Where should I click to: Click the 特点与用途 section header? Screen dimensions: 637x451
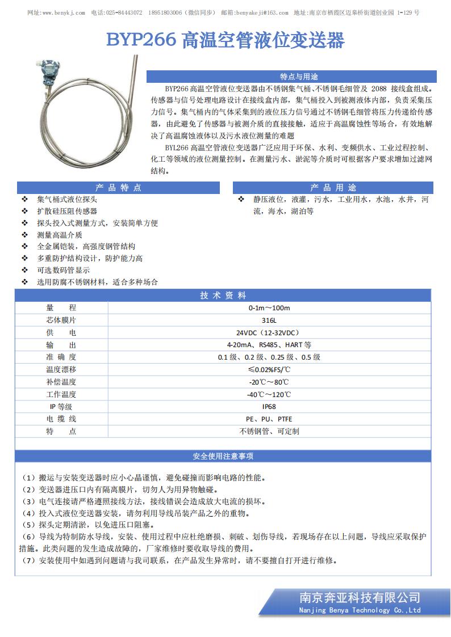pyautogui.click(x=291, y=77)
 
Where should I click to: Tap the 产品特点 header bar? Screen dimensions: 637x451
pyautogui.click(x=118, y=188)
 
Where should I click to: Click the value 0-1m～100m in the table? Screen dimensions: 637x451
pyautogui.click(x=269, y=308)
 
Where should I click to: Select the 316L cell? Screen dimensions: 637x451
pyautogui.click(x=269, y=320)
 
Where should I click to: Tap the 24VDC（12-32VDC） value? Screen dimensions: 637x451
pyautogui.click(x=269, y=332)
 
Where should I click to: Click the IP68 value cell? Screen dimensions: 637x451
pyautogui.click(x=269, y=407)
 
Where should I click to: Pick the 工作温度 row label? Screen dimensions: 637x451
pyautogui.click(x=61, y=394)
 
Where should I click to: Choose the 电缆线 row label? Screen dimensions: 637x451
pyautogui.click(x=61, y=419)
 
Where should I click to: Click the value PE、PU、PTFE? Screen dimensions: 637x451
pyautogui.click(x=269, y=419)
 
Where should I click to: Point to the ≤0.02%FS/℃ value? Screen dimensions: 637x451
pyautogui.click(x=269, y=370)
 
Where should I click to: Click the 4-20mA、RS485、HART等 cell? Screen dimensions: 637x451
pyautogui.click(x=269, y=345)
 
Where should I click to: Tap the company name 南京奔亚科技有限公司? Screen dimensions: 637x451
pyautogui.click(x=360, y=597)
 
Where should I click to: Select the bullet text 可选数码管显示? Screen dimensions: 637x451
pyautogui.click(x=63, y=270)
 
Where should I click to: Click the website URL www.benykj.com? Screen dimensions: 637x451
pyautogui.click(x=64, y=12)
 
